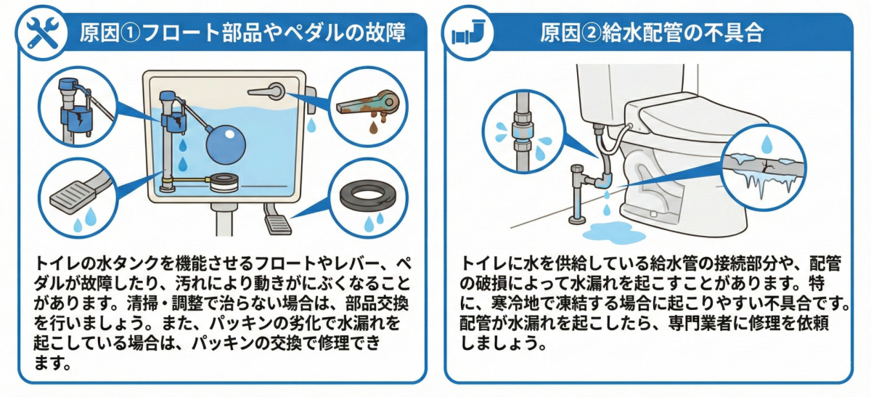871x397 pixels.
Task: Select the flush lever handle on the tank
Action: click(266, 92)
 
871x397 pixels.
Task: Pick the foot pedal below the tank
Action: click(274, 219)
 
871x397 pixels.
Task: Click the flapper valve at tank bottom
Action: click(224, 181)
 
